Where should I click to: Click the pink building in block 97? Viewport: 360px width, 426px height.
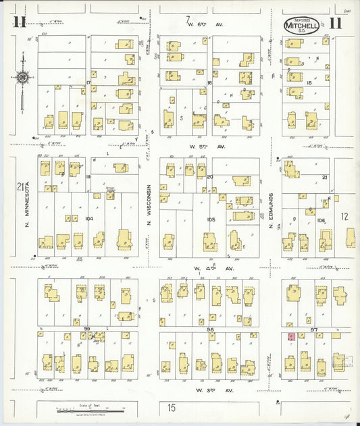[x=291, y=336]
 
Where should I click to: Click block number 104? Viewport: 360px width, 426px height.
[x=89, y=219]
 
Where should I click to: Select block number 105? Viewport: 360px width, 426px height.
[x=211, y=219]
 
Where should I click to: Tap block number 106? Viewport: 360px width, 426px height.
[x=320, y=221]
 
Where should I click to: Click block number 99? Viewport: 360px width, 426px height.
[x=88, y=328]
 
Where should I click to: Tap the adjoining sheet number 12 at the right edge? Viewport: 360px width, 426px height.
[x=344, y=217]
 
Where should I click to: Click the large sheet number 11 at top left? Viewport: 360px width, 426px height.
[x=20, y=22]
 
